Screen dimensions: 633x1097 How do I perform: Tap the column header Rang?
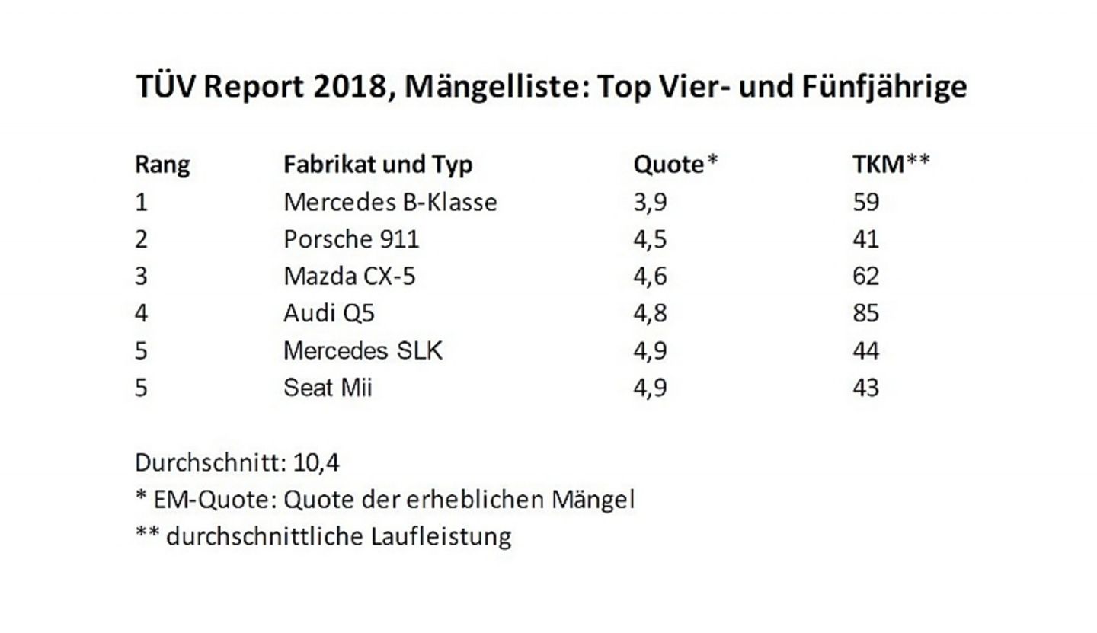point(162,165)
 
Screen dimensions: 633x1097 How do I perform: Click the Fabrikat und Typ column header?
point(377,165)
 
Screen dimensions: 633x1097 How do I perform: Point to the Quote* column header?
point(675,165)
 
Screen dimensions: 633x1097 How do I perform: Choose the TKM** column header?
point(891,165)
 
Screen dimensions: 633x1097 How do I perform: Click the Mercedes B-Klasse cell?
point(389,202)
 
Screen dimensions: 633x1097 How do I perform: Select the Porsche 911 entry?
point(350,239)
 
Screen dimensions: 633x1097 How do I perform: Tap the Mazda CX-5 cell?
point(349,276)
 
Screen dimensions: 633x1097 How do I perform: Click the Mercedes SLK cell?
point(362,350)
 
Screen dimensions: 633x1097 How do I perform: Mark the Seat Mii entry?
point(328,388)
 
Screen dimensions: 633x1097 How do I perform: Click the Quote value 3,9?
point(650,202)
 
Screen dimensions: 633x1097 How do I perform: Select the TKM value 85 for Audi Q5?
point(865,313)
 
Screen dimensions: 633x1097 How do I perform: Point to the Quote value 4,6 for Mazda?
point(650,276)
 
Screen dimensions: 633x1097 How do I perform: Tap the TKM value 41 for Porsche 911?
point(865,239)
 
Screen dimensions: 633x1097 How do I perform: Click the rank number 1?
point(141,202)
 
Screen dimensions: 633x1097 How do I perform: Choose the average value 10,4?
point(315,462)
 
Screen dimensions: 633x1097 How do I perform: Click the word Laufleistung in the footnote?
point(441,536)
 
